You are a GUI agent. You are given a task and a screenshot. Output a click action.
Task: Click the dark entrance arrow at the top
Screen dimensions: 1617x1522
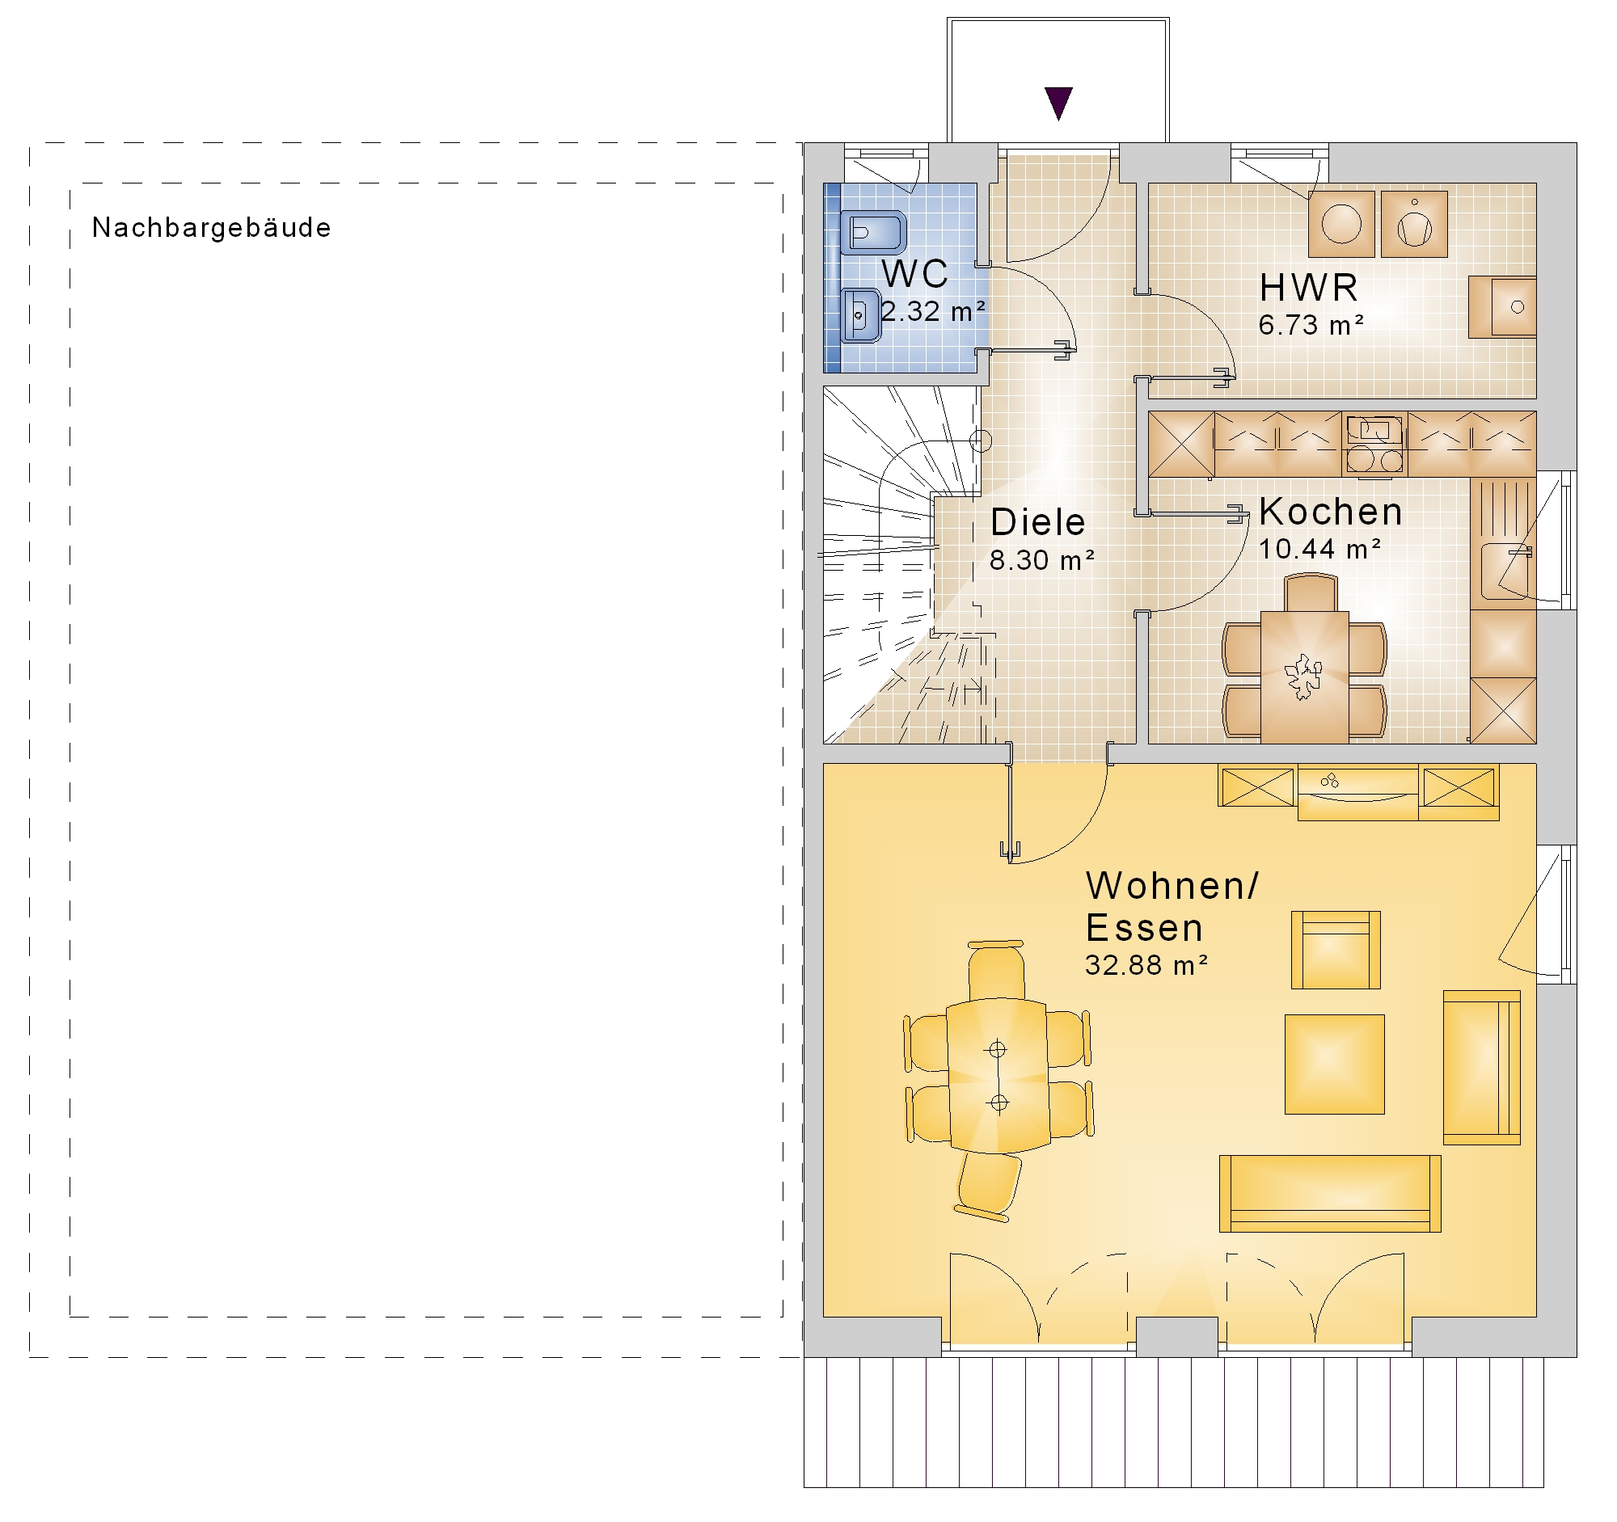pos(1058,103)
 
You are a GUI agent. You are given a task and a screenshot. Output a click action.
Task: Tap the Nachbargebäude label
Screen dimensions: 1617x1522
pos(212,229)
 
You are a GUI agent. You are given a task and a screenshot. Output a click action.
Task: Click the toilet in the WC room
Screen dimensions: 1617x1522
pos(872,234)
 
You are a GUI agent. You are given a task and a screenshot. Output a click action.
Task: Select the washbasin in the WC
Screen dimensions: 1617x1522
pos(860,315)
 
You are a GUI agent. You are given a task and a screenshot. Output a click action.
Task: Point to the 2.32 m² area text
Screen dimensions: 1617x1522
pos(934,311)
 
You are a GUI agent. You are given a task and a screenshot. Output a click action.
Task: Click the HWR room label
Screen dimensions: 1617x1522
pos(1309,288)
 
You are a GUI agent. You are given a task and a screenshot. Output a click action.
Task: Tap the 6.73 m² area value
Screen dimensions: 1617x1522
pos(1311,325)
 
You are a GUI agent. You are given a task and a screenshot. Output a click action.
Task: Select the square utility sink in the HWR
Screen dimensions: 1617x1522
pos(1501,307)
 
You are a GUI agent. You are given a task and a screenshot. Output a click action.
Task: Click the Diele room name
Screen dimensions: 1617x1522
pos(1038,522)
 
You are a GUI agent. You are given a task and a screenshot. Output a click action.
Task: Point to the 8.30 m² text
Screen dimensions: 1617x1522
pos(1041,560)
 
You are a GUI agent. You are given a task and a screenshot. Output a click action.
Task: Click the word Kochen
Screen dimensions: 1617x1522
pos(1331,512)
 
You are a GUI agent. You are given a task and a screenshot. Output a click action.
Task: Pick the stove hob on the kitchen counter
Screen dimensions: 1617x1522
pos(1374,445)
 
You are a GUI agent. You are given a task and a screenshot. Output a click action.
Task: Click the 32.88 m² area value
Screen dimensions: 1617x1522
pos(1145,965)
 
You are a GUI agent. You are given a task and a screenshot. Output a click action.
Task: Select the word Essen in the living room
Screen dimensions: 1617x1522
pos(1143,928)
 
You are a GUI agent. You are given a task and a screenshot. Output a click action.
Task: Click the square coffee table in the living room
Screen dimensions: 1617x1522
pos(1334,1064)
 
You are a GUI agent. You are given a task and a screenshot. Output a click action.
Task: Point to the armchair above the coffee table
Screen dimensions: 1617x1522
pos(1336,950)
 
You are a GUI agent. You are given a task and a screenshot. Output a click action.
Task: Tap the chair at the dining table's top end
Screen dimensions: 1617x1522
pos(995,971)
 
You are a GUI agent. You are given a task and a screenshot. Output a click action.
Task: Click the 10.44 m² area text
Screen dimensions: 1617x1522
pos(1319,550)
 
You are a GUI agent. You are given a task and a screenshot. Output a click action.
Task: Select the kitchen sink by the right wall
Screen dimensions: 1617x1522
pos(1505,571)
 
